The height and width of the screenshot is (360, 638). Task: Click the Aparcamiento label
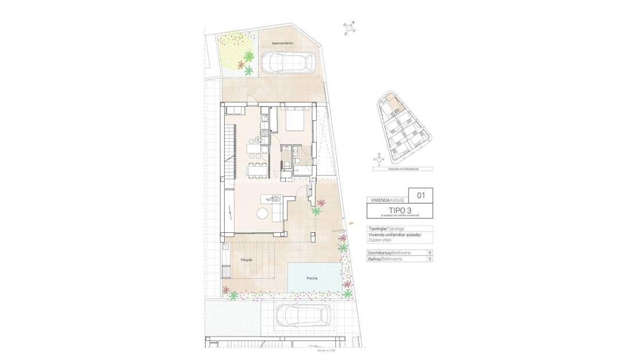(282, 43)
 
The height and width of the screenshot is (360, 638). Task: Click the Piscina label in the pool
(313, 278)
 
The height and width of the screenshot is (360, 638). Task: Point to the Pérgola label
(246, 260)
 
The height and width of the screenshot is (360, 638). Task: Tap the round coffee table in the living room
(262, 213)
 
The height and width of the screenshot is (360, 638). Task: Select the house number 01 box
(421, 196)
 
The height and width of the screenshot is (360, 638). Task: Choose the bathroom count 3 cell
(429, 259)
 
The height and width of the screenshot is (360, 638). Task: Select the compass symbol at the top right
(350, 28)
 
